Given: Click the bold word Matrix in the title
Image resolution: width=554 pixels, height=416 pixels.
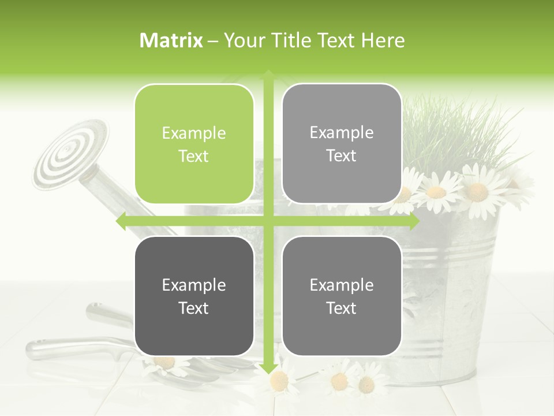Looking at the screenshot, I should [x=171, y=40].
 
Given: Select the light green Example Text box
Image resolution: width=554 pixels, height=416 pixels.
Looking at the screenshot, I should [x=194, y=144].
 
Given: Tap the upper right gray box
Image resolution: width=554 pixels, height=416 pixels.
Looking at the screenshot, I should [x=342, y=144].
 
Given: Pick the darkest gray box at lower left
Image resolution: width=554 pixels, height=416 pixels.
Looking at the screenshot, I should [x=194, y=296].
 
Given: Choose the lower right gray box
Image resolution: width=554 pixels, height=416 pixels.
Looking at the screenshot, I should [x=342, y=296].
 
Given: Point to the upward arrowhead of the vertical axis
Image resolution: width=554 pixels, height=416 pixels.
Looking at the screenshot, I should [x=268, y=75].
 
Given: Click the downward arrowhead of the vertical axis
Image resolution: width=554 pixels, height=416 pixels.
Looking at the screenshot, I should [x=268, y=368].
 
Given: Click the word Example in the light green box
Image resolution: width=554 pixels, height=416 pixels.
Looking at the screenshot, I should [x=194, y=133].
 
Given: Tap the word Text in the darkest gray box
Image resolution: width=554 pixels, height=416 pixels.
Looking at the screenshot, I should [x=194, y=308].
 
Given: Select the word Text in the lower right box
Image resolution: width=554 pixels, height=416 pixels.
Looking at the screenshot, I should [x=342, y=308].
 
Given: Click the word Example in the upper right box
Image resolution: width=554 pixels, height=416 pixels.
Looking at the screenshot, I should [x=342, y=133].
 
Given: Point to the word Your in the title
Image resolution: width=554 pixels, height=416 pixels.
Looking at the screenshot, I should [x=243, y=40].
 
